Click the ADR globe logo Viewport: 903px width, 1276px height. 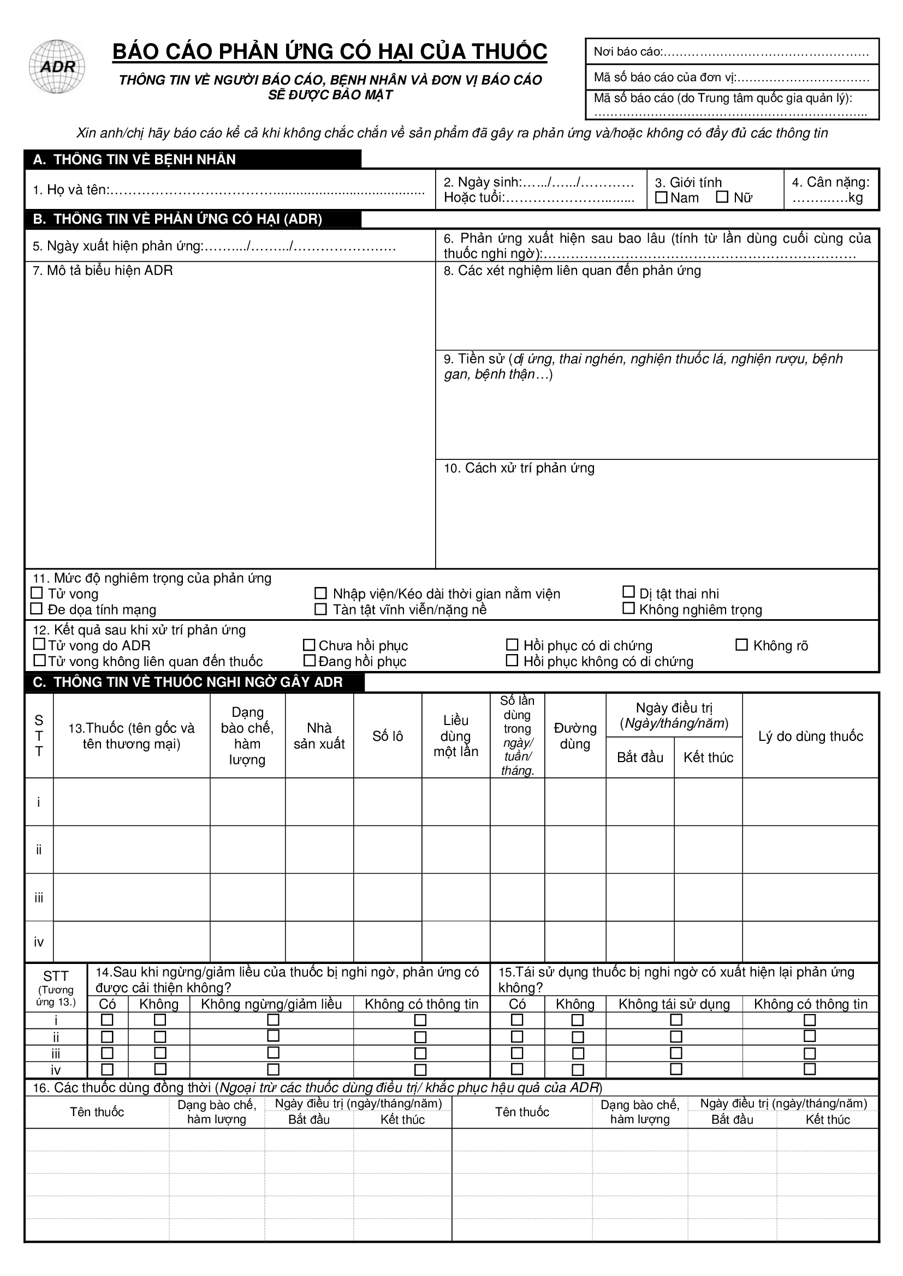(x=57, y=67)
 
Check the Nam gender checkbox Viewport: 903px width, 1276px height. (x=661, y=197)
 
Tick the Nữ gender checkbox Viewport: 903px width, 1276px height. (x=722, y=197)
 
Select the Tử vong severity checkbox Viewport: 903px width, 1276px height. (x=37, y=593)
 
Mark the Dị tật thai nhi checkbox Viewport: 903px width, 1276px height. (x=628, y=592)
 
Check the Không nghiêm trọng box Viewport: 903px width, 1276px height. (x=628, y=609)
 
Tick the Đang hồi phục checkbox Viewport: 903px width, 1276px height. (x=310, y=661)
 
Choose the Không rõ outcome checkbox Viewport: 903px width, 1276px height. (x=742, y=645)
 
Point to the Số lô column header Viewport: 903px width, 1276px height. (x=388, y=736)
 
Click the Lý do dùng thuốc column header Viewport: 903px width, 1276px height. (x=810, y=736)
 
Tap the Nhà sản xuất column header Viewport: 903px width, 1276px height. (x=319, y=736)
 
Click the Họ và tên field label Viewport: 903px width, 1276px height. (x=71, y=190)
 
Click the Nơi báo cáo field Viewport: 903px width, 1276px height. (x=730, y=52)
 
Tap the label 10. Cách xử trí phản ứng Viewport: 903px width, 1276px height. (x=519, y=468)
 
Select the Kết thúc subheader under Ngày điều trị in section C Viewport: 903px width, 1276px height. (x=709, y=758)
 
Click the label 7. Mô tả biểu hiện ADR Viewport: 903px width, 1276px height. (x=103, y=271)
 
